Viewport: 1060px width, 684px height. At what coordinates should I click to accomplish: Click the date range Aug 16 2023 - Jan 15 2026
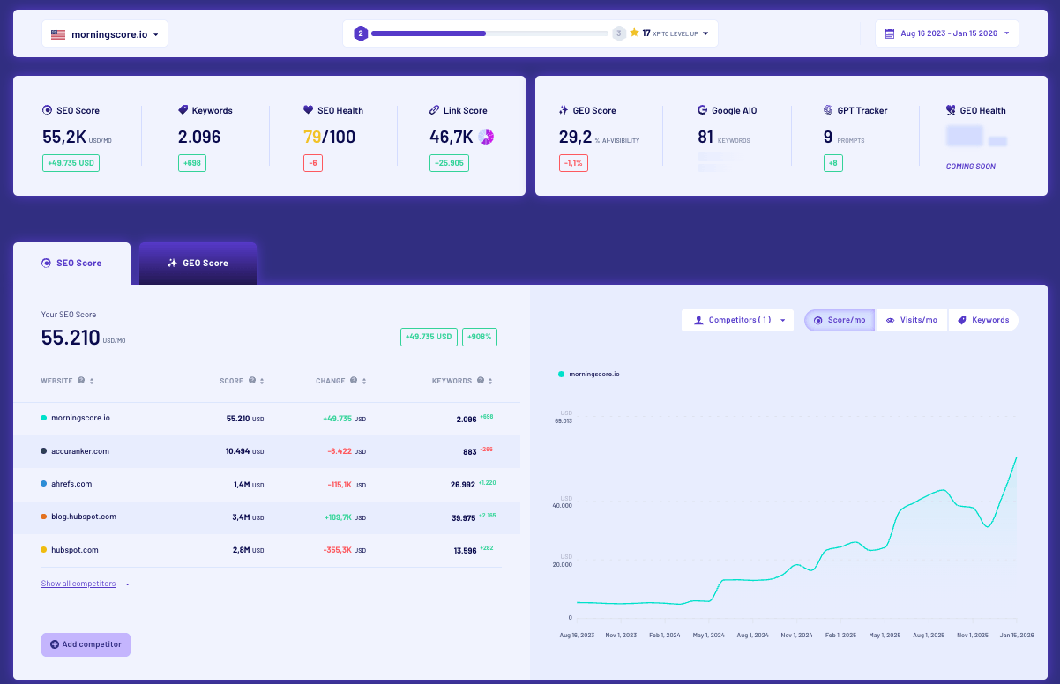(x=947, y=33)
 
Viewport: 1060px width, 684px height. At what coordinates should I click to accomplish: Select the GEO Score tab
(x=198, y=263)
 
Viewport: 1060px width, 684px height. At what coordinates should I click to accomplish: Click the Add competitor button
(x=86, y=644)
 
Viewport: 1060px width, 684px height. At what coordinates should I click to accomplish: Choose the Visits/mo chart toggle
(x=911, y=320)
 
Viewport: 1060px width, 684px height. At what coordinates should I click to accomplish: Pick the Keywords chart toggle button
(x=983, y=320)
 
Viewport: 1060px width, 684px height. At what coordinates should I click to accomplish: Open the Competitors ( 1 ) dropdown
(x=737, y=320)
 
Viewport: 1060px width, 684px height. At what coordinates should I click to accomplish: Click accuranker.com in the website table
(x=80, y=451)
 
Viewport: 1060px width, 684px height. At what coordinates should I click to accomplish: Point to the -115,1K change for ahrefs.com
(x=340, y=484)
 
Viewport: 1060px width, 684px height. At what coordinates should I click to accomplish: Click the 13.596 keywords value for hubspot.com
(x=465, y=550)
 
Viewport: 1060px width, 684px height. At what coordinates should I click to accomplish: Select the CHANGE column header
(x=332, y=381)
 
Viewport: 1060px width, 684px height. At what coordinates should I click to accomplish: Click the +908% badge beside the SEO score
(x=479, y=337)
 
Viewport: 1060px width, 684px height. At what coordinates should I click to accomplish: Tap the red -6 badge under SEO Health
(x=312, y=163)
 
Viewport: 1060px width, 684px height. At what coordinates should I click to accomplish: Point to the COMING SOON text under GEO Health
(x=970, y=167)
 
